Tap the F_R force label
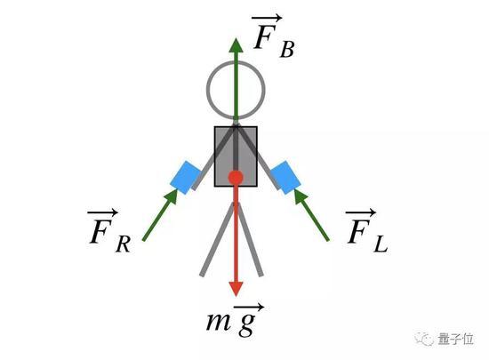109,231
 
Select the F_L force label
366,230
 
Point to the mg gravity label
236,320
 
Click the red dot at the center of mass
236,178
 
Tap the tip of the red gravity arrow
236,296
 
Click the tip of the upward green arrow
236,38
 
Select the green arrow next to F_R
160,215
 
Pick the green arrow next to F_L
311,215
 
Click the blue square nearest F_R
186,178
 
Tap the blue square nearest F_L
285,178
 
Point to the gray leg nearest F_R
218,239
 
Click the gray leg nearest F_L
251,239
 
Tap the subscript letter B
287,49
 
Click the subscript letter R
124,244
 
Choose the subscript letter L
381,244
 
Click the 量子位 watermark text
456,339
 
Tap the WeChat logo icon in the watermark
423,339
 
